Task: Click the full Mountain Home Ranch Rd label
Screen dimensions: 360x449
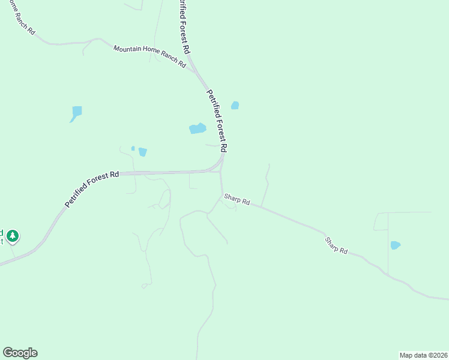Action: pyautogui.click(x=150, y=56)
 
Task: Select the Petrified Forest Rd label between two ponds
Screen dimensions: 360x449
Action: pyautogui.click(x=217, y=121)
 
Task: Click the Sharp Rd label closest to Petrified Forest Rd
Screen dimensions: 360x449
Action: pyautogui.click(x=237, y=200)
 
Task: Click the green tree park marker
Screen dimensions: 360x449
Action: pyautogui.click(x=13, y=236)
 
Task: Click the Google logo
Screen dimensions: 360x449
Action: pyautogui.click(x=20, y=353)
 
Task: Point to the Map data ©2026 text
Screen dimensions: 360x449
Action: pyautogui.click(x=423, y=355)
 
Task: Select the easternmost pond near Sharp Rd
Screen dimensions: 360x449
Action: pyautogui.click(x=395, y=245)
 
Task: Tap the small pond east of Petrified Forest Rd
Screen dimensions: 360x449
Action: pyautogui.click(x=235, y=106)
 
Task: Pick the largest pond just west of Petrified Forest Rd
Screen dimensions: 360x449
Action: pyautogui.click(x=197, y=128)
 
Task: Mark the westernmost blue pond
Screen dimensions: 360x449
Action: pyautogui.click(x=76, y=112)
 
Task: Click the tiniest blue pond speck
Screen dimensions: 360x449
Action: pyautogui.click(x=133, y=148)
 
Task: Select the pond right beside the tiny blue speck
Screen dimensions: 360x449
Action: pyautogui.click(x=142, y=152)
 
